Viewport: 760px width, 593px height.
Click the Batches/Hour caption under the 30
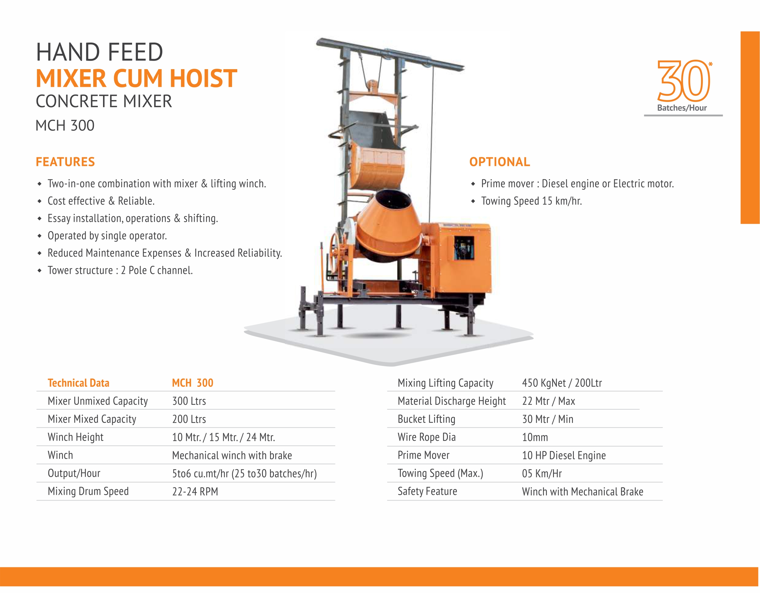tap(682, 108)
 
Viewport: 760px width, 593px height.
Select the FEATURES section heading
tap(65, 162)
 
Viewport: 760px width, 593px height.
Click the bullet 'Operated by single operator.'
tap(107, 236)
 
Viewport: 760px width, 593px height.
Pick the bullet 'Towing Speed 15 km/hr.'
tap(531, 201)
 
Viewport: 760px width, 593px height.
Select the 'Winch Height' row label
tap(76, 437)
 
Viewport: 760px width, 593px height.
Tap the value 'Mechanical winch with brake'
tap(232, 455)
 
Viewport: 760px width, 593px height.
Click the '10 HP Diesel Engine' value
tap(564, 455)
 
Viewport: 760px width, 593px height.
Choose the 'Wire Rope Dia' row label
tap(427, 437)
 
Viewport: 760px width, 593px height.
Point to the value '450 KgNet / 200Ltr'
tap(562, 383)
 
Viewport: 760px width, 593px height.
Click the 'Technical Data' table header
tap(78, 383)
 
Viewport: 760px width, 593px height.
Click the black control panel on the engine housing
tap(463, 248)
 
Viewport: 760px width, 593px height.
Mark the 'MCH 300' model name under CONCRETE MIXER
tap(65, 126)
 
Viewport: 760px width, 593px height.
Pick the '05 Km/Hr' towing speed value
tap(542, 474)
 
